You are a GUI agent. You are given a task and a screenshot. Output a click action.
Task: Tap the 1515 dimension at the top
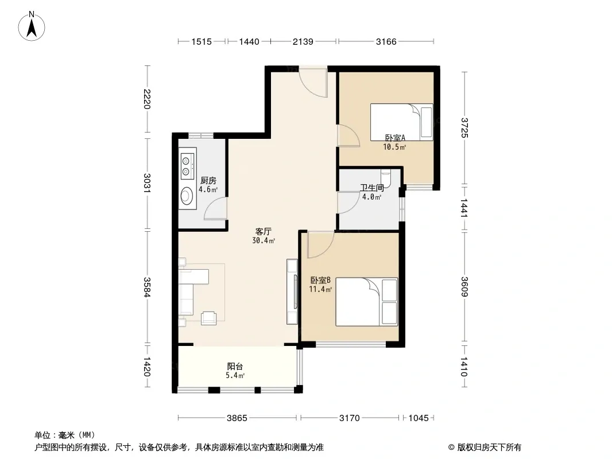pos(202,41)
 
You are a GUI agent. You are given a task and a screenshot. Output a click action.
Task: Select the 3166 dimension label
pos(386,41)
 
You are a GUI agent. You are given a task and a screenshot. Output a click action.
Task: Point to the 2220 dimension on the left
pos(147,99)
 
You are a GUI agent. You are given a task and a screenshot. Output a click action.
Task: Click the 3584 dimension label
pos(147,287)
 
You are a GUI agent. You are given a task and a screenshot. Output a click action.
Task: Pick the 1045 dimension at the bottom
pos(419,418)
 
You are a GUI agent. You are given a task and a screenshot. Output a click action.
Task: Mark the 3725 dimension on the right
pos(464,128)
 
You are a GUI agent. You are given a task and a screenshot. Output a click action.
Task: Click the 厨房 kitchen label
pos(208,181)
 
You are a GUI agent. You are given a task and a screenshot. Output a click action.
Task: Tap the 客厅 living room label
pos(263,232)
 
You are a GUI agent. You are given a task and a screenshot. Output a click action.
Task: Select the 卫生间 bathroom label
pos(372,188)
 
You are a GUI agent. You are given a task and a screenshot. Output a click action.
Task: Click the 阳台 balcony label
pos(235,367)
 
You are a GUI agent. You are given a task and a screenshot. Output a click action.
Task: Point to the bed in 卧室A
pos(402,122)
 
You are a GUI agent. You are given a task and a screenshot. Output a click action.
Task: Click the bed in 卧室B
pos(366,302)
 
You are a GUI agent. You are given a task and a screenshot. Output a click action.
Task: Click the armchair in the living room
pos(208,318)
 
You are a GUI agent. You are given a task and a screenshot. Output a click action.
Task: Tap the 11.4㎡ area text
pos(320,289)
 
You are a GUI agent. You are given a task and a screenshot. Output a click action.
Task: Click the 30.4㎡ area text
pos(264,240)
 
